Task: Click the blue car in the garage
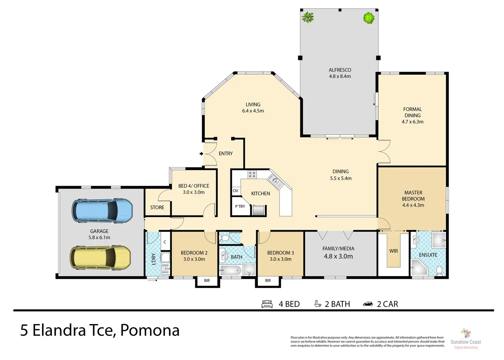pyautogui.click(x=102, y=211)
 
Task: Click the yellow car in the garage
pyautogui.click(x=100, y=258)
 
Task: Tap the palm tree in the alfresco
pyautogui.click(x=307, y=17)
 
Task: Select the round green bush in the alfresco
pyautogui.click(x=369, y=18)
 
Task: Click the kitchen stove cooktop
pyautogui.click(x=252, y=174)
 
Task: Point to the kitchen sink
pyautogui.click(x=275, y=182)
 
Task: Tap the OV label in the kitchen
pyautogui.click(x=235, y=191)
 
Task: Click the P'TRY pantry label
pyautogui.click(x=240, y=206)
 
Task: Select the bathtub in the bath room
pyautogui.click(x=230, y=270)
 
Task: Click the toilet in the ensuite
pyautogui.click(x=439, y=271)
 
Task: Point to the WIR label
pyautogui.click(x=393, y=251)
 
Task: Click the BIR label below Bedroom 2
pyautogui.click(x=207, y=281)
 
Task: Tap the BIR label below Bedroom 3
pyautogui.click(x=268, y=281)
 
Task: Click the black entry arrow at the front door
pyautogui.click(x=201, y=153)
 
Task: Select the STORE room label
pyautogui.click(x=157, y=207)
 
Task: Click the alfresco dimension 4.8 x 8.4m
pyautogui.click(x=340, y=76)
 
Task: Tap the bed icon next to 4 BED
pyautogui.click(x=267, y=304)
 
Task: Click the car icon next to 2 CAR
pyautogui.click(x=368, y=304)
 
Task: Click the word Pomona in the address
pyautogui.click(x=150, y=330)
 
